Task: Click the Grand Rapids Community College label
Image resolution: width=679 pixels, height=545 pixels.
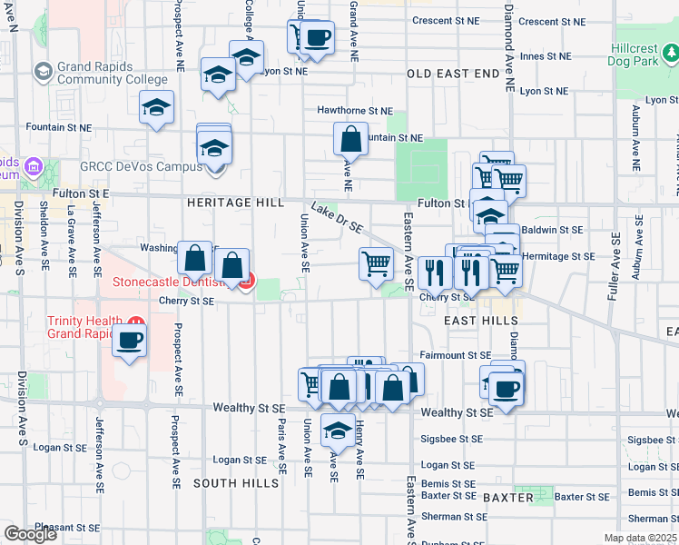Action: click(x=112, y=73)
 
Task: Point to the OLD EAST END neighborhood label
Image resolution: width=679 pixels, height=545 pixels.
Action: click(x=453, y=73)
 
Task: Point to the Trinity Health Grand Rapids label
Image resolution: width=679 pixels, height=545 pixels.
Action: click(x=86, y=330)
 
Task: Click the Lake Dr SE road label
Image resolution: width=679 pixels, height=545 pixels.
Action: click(x=337, y=216)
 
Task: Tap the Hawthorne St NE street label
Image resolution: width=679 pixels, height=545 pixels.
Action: click(x=355, y=110)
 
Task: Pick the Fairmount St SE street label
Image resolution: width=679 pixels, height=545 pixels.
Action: click(x=456, y=355)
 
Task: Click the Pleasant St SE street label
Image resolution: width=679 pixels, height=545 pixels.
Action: click(x=63, y=527)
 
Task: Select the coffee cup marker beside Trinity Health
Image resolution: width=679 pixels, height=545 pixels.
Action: click(x=129, y=342)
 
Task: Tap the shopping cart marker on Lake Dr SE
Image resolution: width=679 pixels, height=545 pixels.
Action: click(x=376, y=264)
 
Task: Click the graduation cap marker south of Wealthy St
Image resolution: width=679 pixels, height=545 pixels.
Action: click(x=339, y=430)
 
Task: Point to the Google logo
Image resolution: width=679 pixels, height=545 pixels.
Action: click(x=30, y=534)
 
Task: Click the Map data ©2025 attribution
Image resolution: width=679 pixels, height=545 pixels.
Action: click(x=641, y=538)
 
